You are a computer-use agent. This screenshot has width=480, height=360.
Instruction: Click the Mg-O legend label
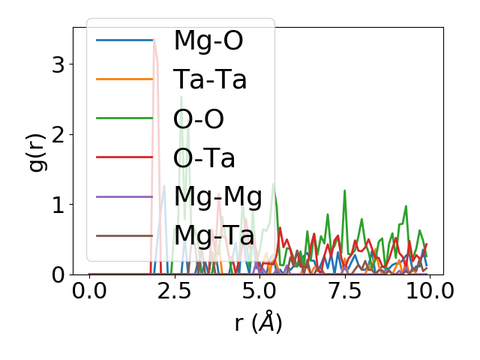coord(208,40)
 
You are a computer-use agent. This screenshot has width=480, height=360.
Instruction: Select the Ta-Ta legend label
coord(210,79)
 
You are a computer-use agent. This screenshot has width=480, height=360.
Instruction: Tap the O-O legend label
coord(199,118)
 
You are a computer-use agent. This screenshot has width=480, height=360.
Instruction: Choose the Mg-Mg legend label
coord(217,196)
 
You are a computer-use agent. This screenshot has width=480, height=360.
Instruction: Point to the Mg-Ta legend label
coord(214,235)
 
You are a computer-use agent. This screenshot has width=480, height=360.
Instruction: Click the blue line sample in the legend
coord(124,40)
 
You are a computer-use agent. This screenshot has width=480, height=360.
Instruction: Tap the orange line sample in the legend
coord(124,79)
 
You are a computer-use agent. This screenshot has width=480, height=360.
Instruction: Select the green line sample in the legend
coord(124,118)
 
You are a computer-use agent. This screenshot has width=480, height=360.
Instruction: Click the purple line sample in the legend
coord(124,196)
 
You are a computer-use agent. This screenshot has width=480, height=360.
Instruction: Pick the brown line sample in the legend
coord(124,235)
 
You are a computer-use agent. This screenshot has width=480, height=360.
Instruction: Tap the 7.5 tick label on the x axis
coord(344,291)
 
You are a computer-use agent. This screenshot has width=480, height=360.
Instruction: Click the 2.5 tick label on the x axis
coord(174,291)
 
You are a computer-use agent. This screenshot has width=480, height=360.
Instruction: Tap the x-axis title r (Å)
coord(258,322)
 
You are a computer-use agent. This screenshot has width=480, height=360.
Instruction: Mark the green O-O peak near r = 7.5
coord(344,190)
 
